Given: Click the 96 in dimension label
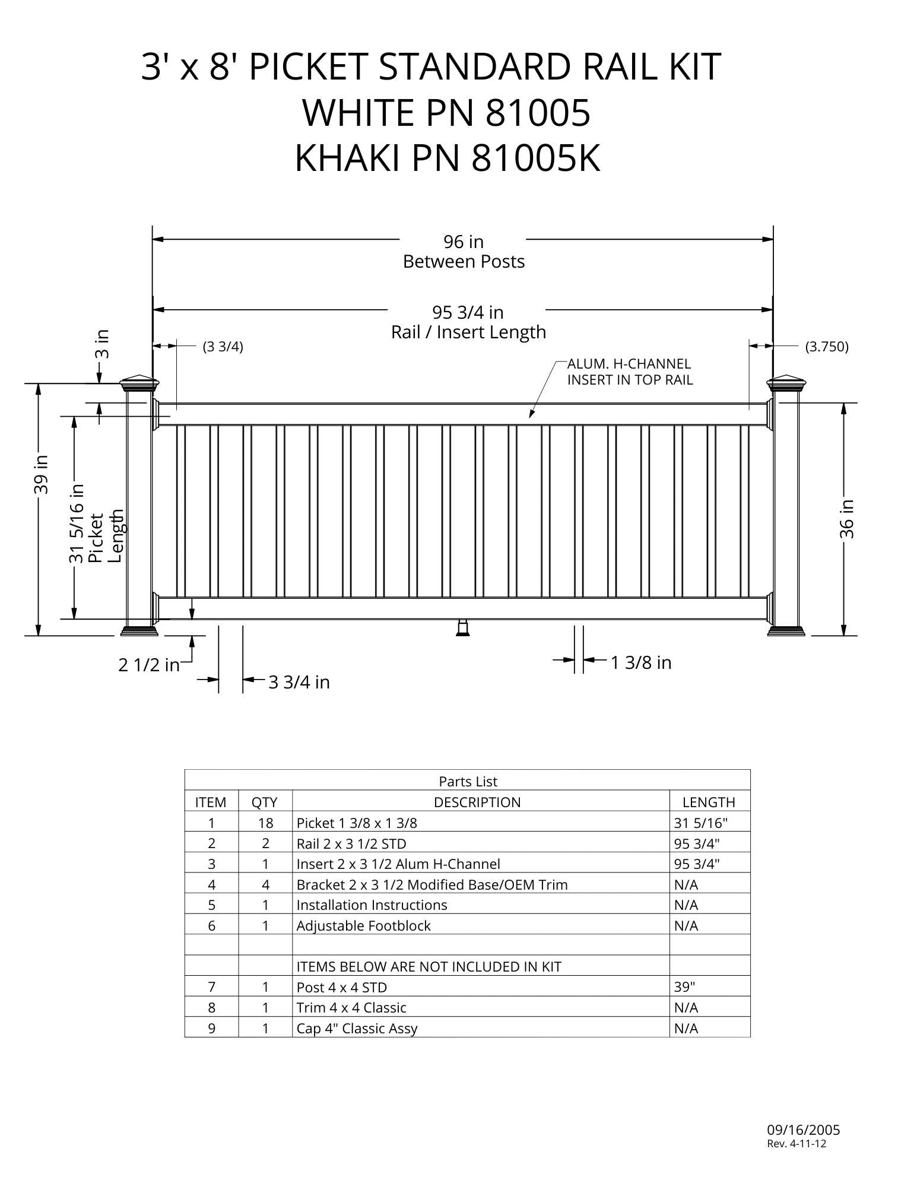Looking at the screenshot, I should point(464,242).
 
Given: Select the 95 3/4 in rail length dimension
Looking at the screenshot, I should point(468,312).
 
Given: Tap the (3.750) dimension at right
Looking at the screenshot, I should point(826,347).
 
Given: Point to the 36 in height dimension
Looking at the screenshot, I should point(847,519).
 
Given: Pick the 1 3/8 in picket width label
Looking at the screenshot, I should point(641,662).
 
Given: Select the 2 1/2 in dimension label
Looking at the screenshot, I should point(148,665).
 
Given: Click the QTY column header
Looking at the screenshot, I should point(265,802).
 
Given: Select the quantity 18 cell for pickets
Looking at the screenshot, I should point(265,823).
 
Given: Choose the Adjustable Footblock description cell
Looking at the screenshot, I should point(363,926).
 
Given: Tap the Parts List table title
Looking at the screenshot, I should point(468,782).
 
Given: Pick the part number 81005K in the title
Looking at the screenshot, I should point(536,159).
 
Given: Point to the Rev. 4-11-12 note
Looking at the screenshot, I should point(797,1144).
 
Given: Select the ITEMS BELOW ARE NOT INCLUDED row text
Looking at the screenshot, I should point(429,967).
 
